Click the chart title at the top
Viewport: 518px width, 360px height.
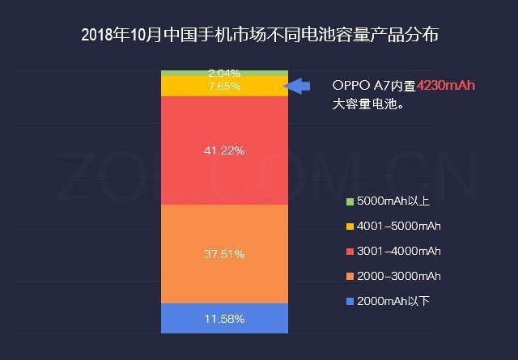pyautogui.click(x=258, y=36)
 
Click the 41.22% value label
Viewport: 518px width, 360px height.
pyautogui.click(x=224, y=150)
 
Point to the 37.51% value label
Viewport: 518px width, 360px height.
pyautogui.click(x=224, y=253)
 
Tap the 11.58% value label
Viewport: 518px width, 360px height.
pyautogui.click(x=224, y=318)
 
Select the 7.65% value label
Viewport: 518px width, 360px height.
pyautogui.click(x=224, y=86)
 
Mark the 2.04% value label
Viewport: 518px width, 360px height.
pyautogui.click(x=224, y=73)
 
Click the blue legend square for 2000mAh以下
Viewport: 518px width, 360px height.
pyautogui.click(x=350, y=302)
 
